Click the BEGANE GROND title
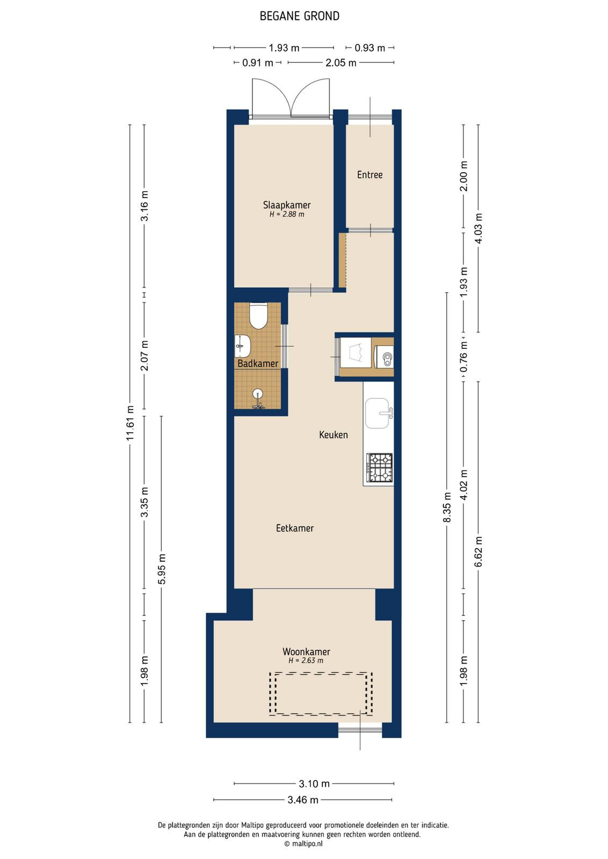pyautogui.click(x=300, y=16)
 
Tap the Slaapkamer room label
pyautogui.click(x=287, y=205)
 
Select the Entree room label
pyautogui.click(x=370, y=175)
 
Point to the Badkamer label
pyautogui.click(x=258, y=363)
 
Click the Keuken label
pyautogui.click(x=334, y=434)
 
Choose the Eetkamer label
pyautogui.click(x=295, y=528)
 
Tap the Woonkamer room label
pyautogui.click(x=306, y=652)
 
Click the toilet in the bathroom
pyautogui.click(x=258, y=316)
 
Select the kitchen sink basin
pyautogui.click(x=378, y=413)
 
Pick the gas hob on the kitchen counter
pyautogui.click(x=380, y=468)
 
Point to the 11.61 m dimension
pyautogui.click(x=131, y=423)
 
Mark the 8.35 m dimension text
pyautogui.click(x=447, y=507)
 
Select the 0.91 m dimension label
pyautogui.click(x=257, y=62)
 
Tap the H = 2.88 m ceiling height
pyautogui.click(x=287, y=214)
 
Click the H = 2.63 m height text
pyautogui.click(x=306, y=661)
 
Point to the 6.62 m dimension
pyautogui.click(x=479, y=551)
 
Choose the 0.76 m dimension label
pyautogui.click(x=464, y=356)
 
